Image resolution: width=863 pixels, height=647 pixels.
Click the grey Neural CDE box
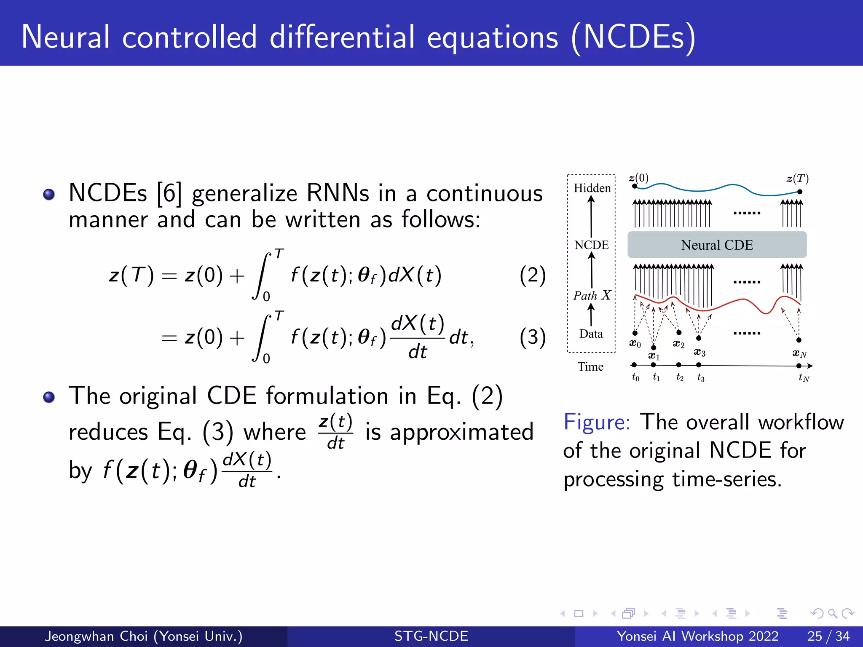[x=716, y=245]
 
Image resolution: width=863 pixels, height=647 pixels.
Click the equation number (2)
[x=532, y=275]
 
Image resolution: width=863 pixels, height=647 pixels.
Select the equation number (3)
[x=532, y=337]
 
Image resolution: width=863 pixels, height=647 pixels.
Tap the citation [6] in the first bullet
[x=169, y=194]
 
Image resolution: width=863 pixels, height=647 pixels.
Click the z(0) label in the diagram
[x=639, y=178]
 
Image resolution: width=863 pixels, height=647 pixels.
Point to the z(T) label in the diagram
[x=797, y=179]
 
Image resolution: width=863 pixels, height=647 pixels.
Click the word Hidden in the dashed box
[x=592, y=188]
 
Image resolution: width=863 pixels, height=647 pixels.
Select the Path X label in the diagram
[x=592, y=295]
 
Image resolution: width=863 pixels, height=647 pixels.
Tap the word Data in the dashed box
[x=591, y=334]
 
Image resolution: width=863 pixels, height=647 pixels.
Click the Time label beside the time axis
[x=590, y=367]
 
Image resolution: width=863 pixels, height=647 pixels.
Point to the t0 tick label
[x=635, y=377]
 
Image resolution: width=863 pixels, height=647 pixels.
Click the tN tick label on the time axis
[x=804, y=378]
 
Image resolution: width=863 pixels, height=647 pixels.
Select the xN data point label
[x=799, y=354]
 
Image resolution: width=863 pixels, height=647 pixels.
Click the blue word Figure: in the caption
[x=597, y=422]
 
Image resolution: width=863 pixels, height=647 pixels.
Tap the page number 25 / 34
[x=828, y=636]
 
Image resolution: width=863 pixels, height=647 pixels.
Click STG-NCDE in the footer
[x=431, y=636]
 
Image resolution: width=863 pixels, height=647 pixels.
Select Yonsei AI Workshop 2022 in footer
[x=697, y=636]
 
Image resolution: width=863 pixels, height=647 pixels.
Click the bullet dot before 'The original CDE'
[x=49, y=397]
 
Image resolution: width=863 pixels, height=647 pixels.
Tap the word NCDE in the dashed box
[x=592, y=245]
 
